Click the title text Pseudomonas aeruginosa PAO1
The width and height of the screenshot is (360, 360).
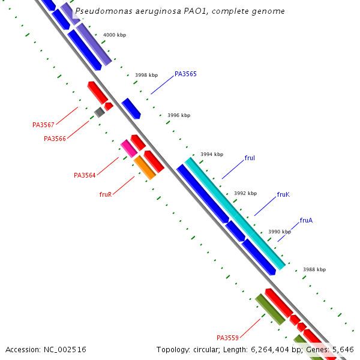tap(180, 11)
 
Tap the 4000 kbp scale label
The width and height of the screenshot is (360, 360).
tap(115, 35)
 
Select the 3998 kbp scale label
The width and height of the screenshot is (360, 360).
tap(146, 75)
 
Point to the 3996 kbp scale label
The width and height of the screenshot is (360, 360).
tap(178, 115)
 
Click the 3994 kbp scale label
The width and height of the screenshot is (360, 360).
tap(211, 154)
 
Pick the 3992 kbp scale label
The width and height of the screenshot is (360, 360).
tap(245, 193)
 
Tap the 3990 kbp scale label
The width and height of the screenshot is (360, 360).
tap(279, 232)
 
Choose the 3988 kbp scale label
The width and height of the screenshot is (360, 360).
tap(314, 269)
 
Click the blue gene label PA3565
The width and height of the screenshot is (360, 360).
tap(185, 74)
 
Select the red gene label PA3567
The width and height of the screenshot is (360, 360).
tap(43, 125)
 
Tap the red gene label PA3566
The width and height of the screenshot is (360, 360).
tap(55, 139)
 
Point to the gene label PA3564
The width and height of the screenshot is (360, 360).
tap(85, 175)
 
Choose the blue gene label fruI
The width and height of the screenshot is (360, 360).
tap(250, 158)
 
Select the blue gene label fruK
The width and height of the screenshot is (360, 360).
tap(283, 194)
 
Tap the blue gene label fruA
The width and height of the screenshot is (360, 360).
tap(306, 220)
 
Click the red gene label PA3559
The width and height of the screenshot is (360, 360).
tap(227, 337)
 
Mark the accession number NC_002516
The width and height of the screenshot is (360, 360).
tap(46, 349)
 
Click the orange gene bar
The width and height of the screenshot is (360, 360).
tap(145, 167)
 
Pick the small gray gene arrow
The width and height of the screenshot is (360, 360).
tap(99, 112)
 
